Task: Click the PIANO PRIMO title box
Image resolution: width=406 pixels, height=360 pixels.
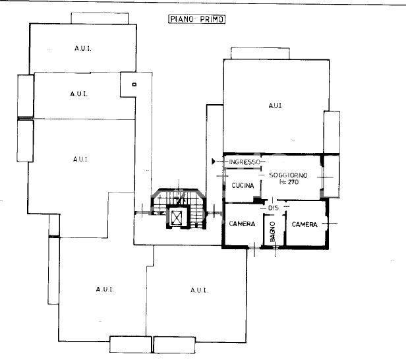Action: (197, 19)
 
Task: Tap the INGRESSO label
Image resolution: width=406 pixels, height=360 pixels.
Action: (245, 162)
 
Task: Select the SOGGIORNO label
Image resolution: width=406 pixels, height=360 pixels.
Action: (288, 175)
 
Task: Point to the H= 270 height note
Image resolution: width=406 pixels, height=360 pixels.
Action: (289, 182)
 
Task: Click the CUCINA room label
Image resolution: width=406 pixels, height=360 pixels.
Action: (243, 186)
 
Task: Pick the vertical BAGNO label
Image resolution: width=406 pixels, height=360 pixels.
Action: (272, 232)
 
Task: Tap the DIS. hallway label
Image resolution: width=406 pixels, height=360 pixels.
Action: (274, 208)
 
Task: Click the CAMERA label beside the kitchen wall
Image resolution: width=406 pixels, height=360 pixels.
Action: (242, 224)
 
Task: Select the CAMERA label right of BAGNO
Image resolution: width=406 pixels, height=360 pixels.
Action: (304, 224)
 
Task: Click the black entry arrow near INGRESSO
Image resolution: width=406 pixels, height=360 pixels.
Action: (214, 162)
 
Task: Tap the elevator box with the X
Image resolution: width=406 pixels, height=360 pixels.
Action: (177, 218)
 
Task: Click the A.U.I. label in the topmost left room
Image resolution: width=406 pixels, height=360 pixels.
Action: (83, 48)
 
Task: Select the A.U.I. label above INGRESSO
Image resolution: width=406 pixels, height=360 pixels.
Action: (275, 105)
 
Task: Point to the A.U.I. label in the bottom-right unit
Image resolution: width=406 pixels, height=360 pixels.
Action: (199, 290)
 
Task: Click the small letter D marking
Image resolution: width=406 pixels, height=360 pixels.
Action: (134, 84)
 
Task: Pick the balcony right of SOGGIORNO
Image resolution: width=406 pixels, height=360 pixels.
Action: (332, 177)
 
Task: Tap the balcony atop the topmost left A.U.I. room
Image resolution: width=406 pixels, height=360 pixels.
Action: (100, 18)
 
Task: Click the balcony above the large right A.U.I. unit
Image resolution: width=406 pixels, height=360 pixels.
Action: (260, 53)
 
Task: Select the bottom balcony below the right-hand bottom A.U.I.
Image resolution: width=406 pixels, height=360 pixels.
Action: (174, 345)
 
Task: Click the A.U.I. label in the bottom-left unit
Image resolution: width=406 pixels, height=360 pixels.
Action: (105, 289)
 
